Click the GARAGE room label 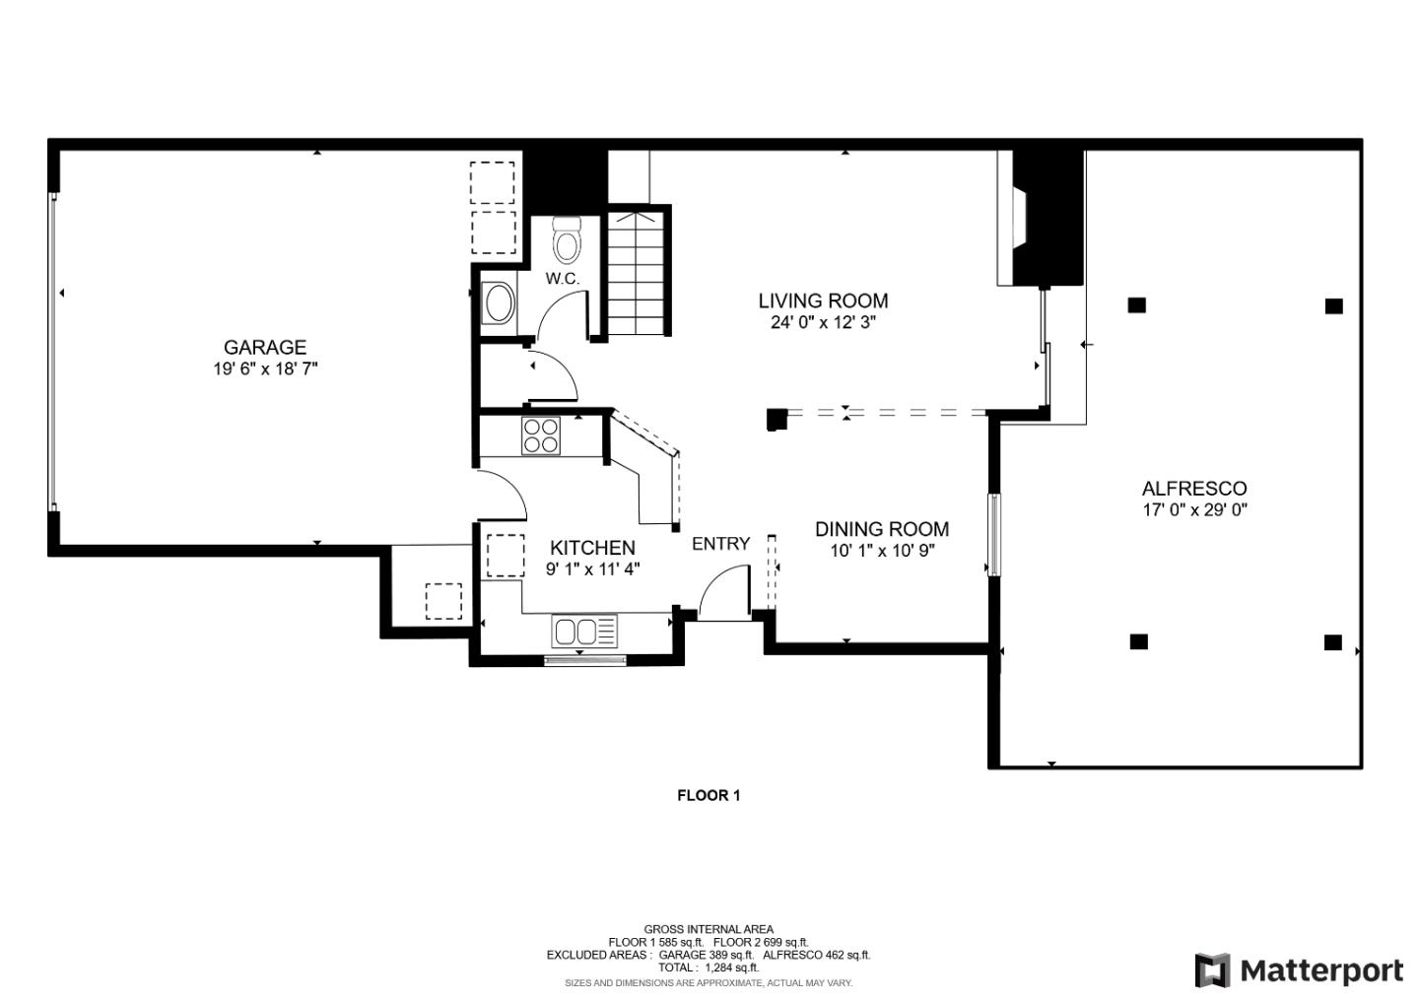click(x=264, y=347)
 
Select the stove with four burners click(x=541, y=435)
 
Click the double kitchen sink click(x=583, y=631)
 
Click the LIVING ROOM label click(x=823, y=301)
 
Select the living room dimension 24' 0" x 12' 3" click(x=823, y=322)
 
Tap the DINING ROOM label click(x=882, y=529)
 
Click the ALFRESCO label click(x=1193, y=488)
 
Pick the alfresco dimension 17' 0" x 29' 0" click(x=1193, y=510)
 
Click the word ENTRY click(x=720, y=543)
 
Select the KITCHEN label click(x=592, y=548)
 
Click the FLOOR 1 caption click(x=708, y=795)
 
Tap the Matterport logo click(x=1299, y=970)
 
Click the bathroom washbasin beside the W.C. click(x=499, y=303)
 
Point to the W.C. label click(x=563, y=279)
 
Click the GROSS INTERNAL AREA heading click(x=708, y=928)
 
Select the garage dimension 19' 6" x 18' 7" click(x=264, y=369)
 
